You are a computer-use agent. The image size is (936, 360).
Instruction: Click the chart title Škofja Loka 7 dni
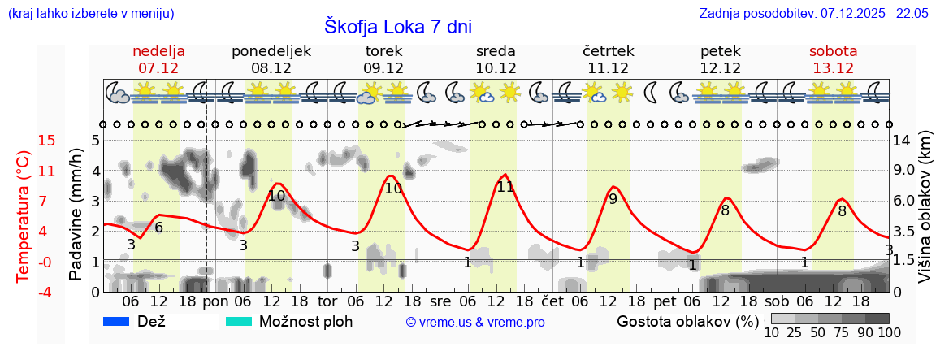tap(397, 27)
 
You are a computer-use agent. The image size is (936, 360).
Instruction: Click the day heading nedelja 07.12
tap(158, 59)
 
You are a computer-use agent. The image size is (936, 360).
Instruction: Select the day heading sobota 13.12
tap(833, 59)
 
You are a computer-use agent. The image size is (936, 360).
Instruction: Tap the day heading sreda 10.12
tap(496, 59)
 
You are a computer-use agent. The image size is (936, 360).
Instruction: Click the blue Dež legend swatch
tap(117, 322)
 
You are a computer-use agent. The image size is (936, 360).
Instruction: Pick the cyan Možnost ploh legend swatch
tap(239, 322)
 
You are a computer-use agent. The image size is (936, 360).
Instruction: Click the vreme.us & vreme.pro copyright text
tap(475, 323)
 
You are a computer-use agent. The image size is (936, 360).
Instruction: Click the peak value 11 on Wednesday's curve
tap(505, 187)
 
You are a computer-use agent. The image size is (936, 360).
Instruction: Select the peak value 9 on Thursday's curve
tap(613, 198)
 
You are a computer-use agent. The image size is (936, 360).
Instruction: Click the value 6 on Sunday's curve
tap(158, 228)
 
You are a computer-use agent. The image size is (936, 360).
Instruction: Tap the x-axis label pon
tap(215, 301)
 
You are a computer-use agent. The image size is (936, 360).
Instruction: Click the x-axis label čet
tap(552, 301)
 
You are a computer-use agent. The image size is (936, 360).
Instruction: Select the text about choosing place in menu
tap(90, 14)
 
